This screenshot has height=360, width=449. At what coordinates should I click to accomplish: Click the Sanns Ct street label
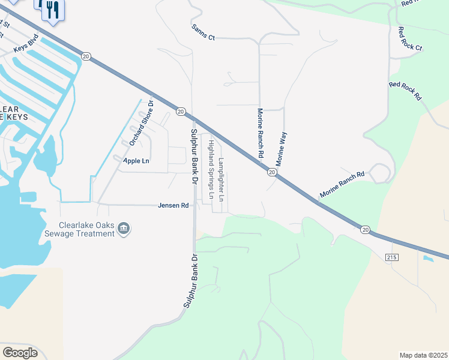click(203, 32)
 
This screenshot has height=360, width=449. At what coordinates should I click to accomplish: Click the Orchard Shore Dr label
click(142, 122)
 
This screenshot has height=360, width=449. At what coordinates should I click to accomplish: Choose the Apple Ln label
click(136, 161)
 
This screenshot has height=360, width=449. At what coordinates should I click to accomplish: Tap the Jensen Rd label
click(173, 205)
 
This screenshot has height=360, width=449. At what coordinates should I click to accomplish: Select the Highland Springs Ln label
click(211, 169)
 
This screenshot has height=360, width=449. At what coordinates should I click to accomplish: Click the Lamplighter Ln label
click(221, 179)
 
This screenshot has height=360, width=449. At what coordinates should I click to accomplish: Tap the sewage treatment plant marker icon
click(124, 229)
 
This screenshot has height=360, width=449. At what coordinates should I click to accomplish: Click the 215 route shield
click(393, 256)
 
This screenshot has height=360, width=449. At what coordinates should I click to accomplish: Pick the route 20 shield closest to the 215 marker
click(365, 229)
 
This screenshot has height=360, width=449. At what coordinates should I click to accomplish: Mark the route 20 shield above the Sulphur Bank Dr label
click(180, 111)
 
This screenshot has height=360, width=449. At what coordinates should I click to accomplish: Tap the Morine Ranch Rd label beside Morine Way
click(261, 133)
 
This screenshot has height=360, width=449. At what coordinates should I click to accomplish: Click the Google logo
click(20, 352)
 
